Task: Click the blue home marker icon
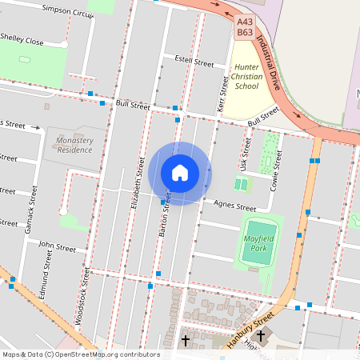pos(180,173)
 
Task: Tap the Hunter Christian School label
pos(246,78)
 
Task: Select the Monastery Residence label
pos(75,145)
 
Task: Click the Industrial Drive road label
pos(274,68)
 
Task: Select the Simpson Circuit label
pos(67,11)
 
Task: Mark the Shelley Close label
pos(22,39)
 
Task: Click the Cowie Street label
pos(277,169)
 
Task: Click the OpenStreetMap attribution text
pos(80,354)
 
